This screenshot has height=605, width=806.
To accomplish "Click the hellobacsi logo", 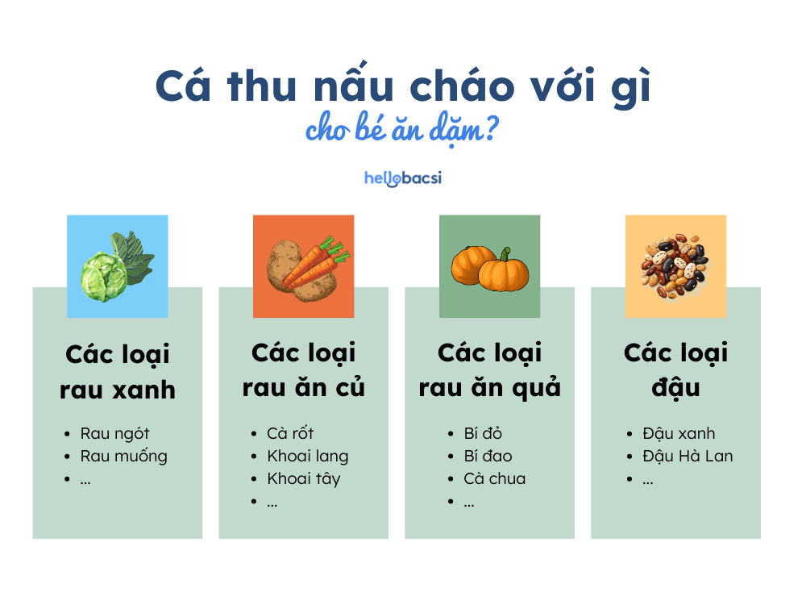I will tap(402, 177).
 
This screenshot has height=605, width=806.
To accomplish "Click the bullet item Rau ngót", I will tap(114, 433).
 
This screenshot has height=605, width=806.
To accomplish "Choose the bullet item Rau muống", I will tap(123, 456).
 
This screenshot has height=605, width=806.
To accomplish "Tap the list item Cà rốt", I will tap(290, 433).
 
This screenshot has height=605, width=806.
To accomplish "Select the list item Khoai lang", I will tap(307, 456).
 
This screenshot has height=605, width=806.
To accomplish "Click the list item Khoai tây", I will tap(304, 478).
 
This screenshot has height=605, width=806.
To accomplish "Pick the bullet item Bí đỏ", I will tap(483, 433).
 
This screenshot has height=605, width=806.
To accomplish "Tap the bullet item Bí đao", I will tap(488, 456).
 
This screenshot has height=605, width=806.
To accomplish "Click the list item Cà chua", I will tap(494, 478).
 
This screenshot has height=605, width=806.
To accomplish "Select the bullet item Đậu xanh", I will tap(679, 433).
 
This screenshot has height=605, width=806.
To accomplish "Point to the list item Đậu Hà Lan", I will tap(688, 456).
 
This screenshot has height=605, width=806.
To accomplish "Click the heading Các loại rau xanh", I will tap(118, 372).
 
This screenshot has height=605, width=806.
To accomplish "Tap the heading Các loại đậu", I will tap(675, 370).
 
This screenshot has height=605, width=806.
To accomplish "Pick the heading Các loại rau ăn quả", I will tap(489, 370).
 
